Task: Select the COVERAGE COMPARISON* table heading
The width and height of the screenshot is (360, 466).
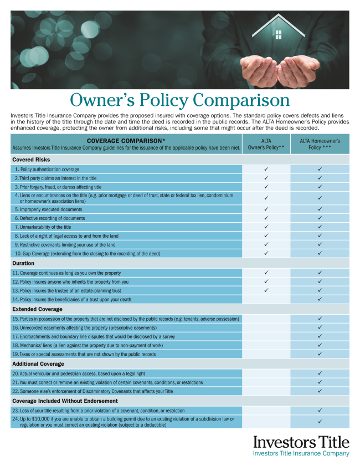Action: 126,140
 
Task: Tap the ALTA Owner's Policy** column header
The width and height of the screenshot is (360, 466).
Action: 265,144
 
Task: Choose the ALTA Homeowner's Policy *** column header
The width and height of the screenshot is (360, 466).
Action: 320,144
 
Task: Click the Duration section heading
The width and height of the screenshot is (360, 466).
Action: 23,263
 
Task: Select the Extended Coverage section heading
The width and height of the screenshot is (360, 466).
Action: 37,309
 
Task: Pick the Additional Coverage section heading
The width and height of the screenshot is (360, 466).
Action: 38,363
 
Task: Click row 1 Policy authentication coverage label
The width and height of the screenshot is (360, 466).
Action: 49,169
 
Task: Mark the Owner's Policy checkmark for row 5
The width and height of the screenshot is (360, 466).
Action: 266,209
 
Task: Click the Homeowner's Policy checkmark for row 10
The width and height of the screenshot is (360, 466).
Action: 320,253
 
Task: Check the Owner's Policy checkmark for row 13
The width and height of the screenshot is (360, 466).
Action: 266,290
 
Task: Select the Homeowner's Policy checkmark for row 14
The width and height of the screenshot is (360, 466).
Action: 320,299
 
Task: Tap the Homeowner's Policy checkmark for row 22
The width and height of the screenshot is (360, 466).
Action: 320,391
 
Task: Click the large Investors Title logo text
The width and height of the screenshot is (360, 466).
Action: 301,442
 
